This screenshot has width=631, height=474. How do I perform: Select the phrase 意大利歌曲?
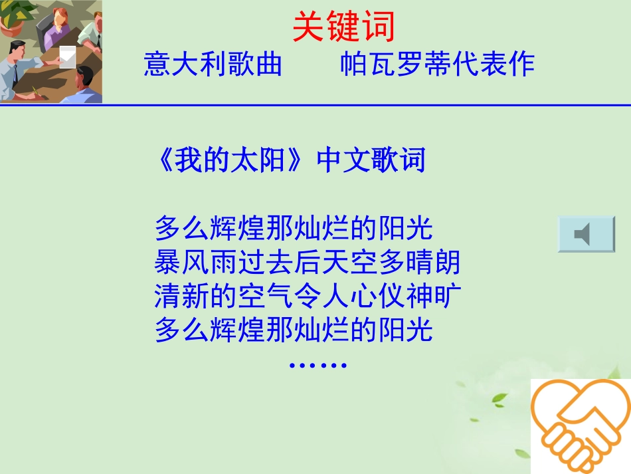click(213, 64)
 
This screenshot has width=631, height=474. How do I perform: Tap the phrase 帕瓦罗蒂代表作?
click(438, 64)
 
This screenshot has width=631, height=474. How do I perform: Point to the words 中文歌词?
click(371, 162)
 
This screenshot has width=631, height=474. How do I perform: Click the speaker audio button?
click(586, 234)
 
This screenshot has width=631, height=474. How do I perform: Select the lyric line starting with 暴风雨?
click(307, 263)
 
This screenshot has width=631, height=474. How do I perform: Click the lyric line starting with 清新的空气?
click(307, 296)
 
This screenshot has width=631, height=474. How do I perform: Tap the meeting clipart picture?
click(51, 52)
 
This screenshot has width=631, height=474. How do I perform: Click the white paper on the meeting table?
click(68, 58)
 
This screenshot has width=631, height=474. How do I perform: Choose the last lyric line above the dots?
click(294, 330)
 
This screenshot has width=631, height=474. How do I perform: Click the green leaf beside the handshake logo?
click(499, 398)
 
